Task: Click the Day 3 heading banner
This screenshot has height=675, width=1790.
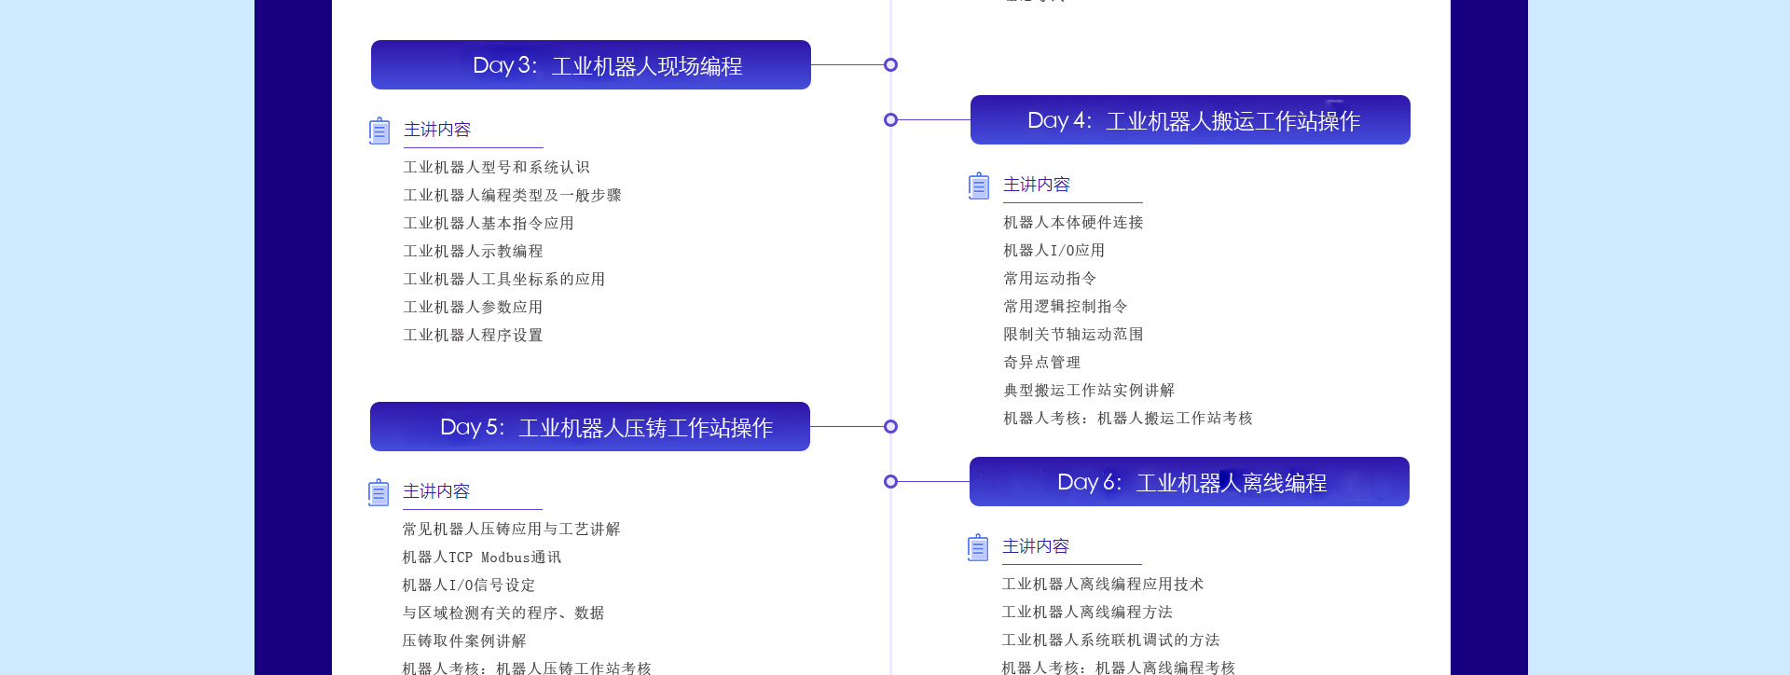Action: pyautogui.click(x=590, y=65)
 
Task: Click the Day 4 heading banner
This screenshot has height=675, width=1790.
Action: pyautogui.click(x=1190, y=120)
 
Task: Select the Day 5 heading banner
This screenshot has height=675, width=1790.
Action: pyautogui.click(x=589, y=427)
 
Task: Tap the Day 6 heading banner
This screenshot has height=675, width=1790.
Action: pyautogui.click(x=1189, y=482)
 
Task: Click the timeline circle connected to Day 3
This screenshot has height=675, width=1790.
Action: pyautogui.click(x=890, y=65)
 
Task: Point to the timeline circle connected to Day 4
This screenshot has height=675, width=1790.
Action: pyautogui.click(x=890, y=120)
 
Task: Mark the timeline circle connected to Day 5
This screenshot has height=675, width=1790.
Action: pyautogui.click(x=890, y=427)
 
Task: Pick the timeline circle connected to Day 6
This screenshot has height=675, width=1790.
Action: pyautogui.click(x=890, y=482)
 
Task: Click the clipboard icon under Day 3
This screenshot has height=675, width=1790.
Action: pyautogui.click(x=379, y=131)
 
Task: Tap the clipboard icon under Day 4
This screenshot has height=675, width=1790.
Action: pyautogui.click(x=979, y=186)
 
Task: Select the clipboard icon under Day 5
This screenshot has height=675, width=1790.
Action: pyautogui.click(x=379, y=492)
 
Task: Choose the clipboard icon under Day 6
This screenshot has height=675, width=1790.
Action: pyautogui.click(x=978, y=547)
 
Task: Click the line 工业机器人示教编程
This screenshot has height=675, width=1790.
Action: pyautogui.click(x=473, y=251)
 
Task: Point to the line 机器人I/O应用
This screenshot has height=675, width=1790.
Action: pyautogui.click(x=1053, y=250)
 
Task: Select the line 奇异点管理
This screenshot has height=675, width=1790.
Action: pyautogui.click(x=1041, y=362)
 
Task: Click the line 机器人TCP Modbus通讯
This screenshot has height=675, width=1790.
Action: pyautogui.click(x=481, y=557)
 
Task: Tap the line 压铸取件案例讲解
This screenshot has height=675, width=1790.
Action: pyautogui.click(x=463, y=641)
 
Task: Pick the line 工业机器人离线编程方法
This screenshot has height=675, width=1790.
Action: pyautogui.click(x=1087, y=612)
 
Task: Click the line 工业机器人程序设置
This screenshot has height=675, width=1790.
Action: pyautogui.click(x=473, y=335)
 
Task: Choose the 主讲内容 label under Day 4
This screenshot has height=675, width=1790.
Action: pyautogui.click(x=1037, y=185)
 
